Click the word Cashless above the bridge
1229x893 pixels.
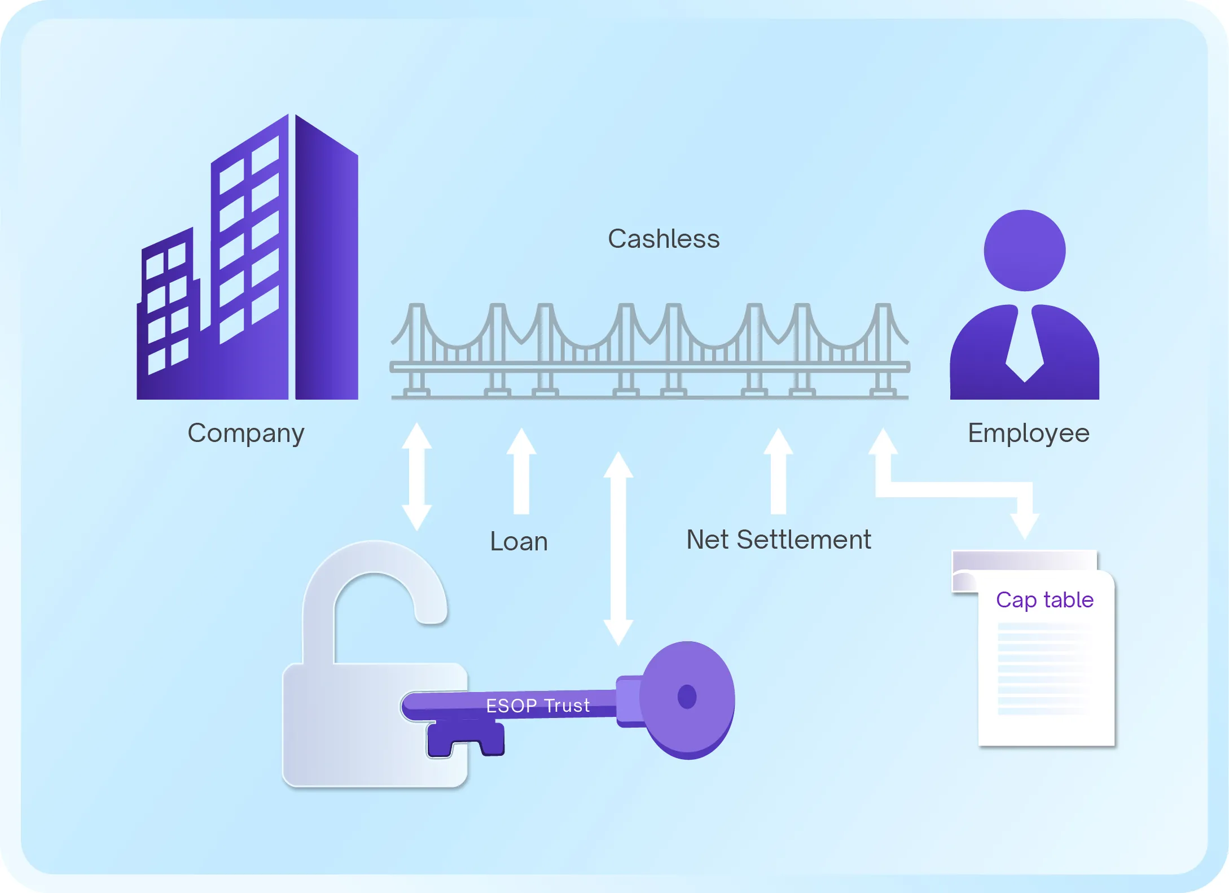[x=664, y=239]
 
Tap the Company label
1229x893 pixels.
[x=246, y=434]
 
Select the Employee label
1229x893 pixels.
[x=1028, y=434]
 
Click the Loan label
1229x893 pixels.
[x=519, y=541]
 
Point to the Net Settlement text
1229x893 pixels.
[x=778, y=540]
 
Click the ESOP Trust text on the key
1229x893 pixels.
[x=538, y=706]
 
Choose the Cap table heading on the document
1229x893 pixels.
[x=1044, y=599]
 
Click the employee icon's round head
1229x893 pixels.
[x=1024, y=251]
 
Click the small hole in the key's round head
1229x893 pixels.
[x=687, y=697]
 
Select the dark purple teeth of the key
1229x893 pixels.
[x=466, y=739]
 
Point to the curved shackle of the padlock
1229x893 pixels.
[x=375, y=581]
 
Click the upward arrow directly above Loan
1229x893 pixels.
[x=521, y=471]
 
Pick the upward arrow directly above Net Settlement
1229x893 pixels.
[x=778, y=471]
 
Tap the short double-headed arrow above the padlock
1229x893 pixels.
[x=416, y=476]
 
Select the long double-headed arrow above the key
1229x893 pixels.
[x=618, y=548]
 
